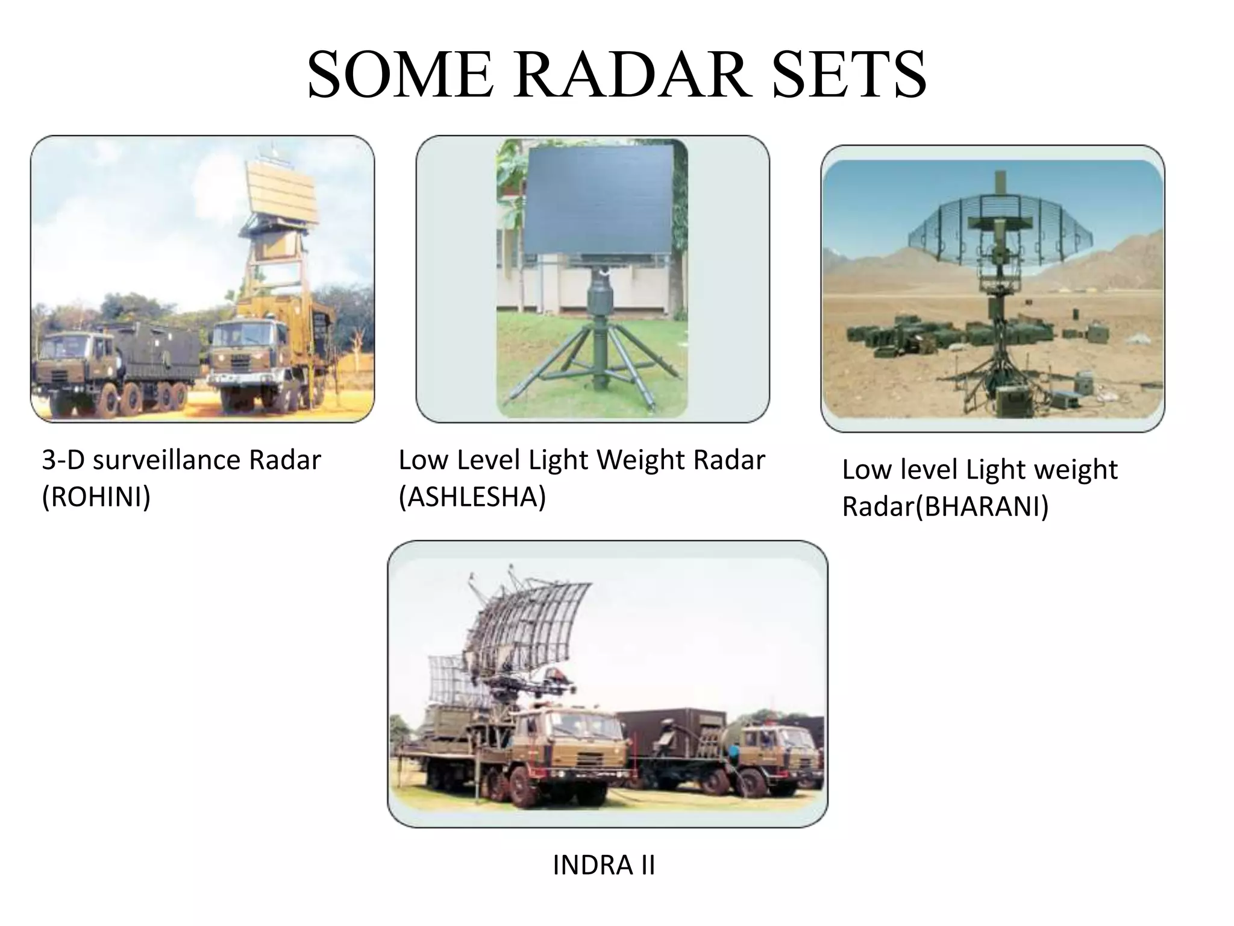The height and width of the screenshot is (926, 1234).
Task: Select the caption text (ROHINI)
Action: click(96, 497)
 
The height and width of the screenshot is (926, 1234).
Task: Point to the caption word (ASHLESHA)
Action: click(472, 497)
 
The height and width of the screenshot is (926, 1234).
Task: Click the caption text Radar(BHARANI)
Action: click(945, 506)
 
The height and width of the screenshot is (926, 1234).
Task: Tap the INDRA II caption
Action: click(604, 865)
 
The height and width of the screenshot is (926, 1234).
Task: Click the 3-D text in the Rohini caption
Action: click(63, 461)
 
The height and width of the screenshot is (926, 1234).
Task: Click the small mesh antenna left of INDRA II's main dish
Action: click(449, 681)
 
